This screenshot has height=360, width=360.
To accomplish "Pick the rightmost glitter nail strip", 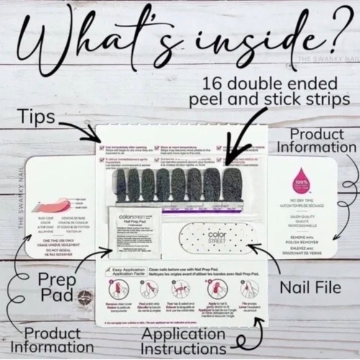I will coord(232,185).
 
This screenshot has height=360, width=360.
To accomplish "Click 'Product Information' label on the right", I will coord(317,140).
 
